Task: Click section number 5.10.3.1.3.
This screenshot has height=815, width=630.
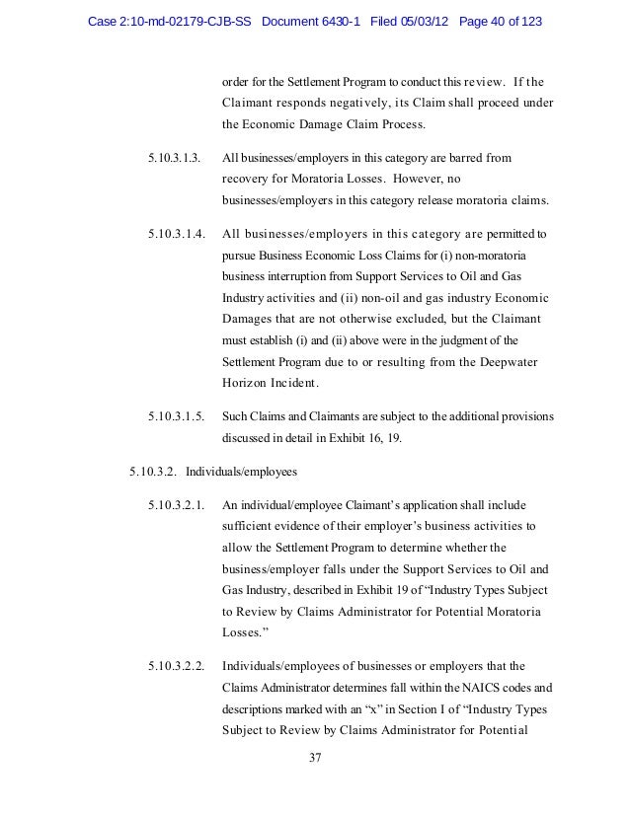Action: point(174,158)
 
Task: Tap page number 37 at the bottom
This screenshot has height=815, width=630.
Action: point(316,758)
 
